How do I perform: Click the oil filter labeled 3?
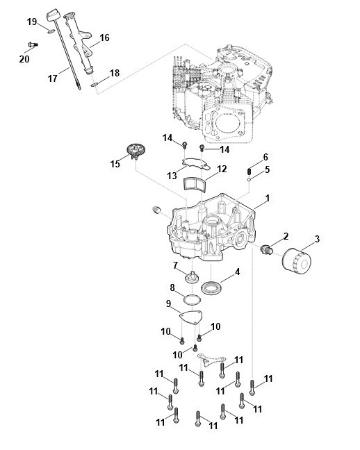[297, 262]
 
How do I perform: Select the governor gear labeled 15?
[136, 151]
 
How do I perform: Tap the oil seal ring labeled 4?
[211, 287]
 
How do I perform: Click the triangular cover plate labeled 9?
[191, 317]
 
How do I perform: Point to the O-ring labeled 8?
[192, 300]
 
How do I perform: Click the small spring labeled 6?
[249, 172]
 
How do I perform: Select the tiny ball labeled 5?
[249, 179]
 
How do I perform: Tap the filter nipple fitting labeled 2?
[266, 249]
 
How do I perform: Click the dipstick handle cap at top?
[53, 15]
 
